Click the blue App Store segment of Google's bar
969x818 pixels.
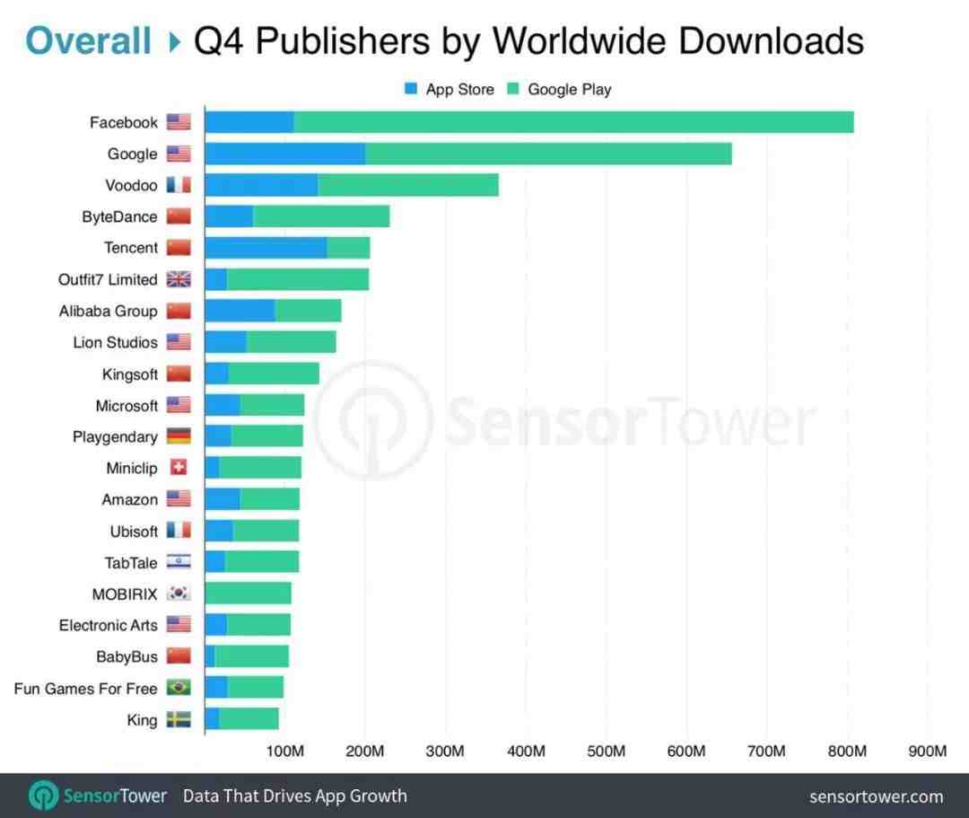point(284,154)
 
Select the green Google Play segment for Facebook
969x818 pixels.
point(573,122)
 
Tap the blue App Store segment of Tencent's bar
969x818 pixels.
point(266,248)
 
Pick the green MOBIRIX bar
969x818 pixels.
point(249,594)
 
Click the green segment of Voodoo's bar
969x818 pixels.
point(408,185)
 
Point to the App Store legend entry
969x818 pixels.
point(450,89)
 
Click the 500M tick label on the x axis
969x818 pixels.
point(607,751)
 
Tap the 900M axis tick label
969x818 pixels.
point(928,751)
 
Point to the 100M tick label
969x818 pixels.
point(285,751)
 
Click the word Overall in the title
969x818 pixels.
point(88,40)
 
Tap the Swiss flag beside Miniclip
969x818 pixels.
point(179,468)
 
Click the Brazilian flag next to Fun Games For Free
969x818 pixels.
point(179,688)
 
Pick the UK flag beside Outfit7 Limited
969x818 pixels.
point(179,279)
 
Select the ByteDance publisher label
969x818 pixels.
point(119,216)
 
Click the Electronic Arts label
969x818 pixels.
point(108,625)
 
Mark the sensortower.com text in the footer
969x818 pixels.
point(876,796)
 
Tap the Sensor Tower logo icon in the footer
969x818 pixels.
point(44,796)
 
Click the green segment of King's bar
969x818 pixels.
point(249,719)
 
